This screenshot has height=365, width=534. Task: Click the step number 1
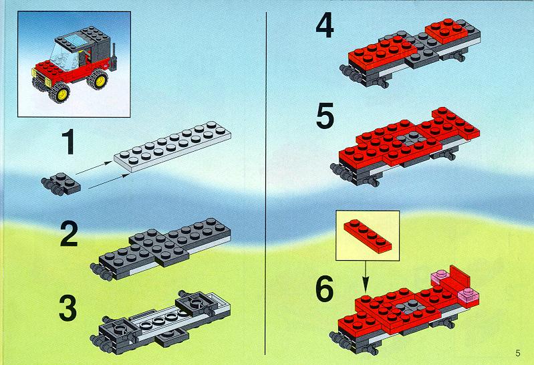click(69, 142)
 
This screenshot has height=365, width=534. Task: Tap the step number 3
click(68, 308)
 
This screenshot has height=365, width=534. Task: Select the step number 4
click(325, 26)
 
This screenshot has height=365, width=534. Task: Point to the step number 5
click(325, 117)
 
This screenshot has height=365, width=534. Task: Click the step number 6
click(324, 289)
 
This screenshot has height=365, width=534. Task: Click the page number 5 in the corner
click(518, 353)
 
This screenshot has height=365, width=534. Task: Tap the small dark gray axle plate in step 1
click(61, 184)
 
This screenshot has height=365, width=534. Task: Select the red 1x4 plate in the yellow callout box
click(368, 236)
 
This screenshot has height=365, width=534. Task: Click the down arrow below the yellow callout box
click(366, 277)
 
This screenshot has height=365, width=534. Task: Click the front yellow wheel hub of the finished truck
click(62, 94)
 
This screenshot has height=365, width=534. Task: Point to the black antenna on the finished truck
click(114, 57)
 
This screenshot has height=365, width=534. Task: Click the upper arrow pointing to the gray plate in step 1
click(94, 168)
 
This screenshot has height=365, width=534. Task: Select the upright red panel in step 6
click(460, 277)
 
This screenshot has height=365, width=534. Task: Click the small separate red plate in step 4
click(446, 31)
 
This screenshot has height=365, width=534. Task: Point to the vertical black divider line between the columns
click(266, 183)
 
